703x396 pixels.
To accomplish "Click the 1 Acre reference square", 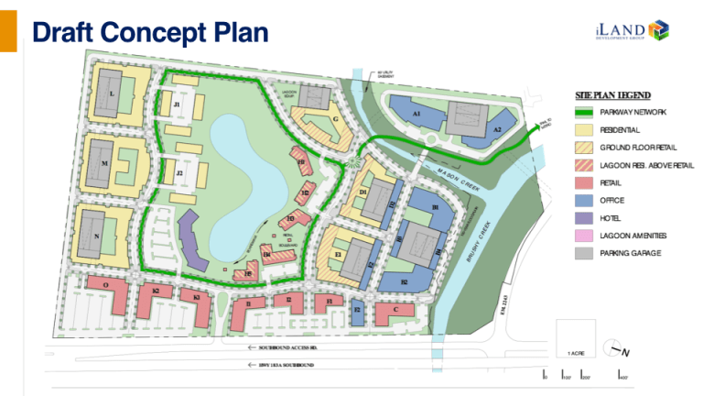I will [576, 338].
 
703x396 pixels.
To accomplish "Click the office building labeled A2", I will [498, 130].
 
